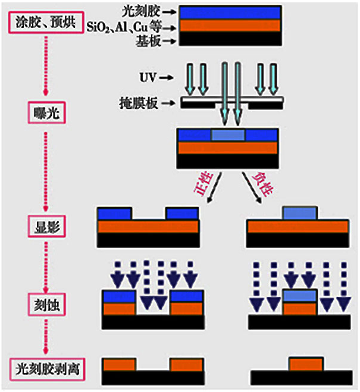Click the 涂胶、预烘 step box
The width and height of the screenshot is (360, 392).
pos(46,22)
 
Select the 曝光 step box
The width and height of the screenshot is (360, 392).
pos(46,112)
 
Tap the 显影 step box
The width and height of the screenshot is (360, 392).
pos(46,226)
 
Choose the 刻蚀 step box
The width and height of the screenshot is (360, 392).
pos(46,305)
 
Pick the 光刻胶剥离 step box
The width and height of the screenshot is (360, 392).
pos(47,369)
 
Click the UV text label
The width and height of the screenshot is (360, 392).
pos(148,77)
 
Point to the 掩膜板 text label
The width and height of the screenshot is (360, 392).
pos(139,103)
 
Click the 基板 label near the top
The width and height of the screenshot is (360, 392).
pos(148,41)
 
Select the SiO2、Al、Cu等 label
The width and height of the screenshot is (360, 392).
pos(124,27)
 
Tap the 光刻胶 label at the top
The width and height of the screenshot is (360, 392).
pos(141,11)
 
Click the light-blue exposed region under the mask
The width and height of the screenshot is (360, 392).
pos(228,135)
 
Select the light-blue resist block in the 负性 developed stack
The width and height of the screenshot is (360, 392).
pos(300,213)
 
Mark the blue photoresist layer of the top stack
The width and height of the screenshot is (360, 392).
pos(230,12)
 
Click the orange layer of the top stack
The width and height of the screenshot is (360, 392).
pos(230,26)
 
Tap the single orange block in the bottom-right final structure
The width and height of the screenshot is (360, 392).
pos(306,365)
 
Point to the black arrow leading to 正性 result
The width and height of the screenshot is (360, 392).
pos(214,187)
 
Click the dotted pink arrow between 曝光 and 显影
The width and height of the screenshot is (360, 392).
pos(46,172)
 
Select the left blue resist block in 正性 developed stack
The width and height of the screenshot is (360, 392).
pos(114,214)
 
